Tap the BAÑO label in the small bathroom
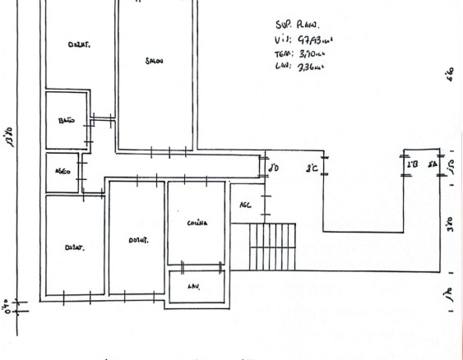(67, 121)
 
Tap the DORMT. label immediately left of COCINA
(137, 240)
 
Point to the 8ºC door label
(313, 170)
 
